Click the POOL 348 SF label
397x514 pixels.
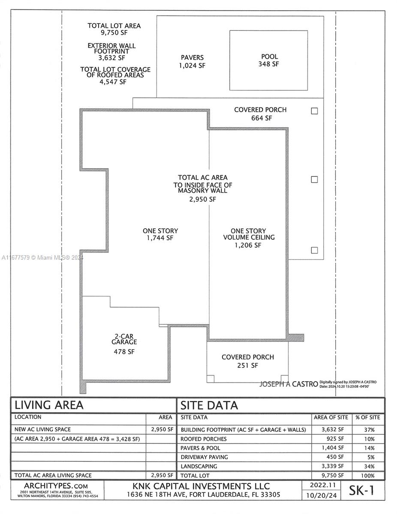pos(269,60)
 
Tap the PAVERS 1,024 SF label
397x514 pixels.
pos(192,61)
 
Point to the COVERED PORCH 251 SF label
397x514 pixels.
pos(247,361)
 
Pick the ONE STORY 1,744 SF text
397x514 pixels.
pos(160,234)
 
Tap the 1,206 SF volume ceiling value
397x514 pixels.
pos(247,245)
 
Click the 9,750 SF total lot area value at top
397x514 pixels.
pos(114,33)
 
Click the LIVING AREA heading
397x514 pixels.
pos(49,405)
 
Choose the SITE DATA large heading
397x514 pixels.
pos(209,405)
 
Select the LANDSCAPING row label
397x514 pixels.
pos(199,466)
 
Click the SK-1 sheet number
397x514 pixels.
pos(362,490)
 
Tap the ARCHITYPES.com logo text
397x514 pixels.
pos(56,486)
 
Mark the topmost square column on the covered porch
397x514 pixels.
pos(314,111)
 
